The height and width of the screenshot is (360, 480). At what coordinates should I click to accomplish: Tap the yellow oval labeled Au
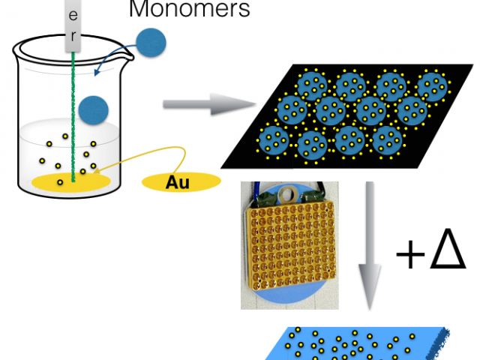pos(181,181)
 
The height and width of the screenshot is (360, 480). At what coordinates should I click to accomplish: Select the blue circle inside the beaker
pos(94,109)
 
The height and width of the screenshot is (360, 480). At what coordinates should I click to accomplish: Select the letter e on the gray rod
pos(73,16)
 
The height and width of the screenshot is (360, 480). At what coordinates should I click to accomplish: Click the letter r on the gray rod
pos(73,34)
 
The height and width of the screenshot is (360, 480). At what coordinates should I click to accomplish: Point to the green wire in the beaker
pos(73,112)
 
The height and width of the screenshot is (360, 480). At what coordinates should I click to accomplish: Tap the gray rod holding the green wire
pos(73,26)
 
